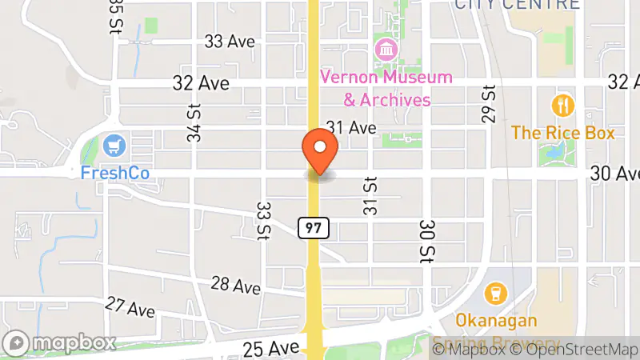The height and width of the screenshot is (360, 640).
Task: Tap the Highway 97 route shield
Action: coord(314,229)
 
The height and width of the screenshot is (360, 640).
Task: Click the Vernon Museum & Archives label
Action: coord(386,89)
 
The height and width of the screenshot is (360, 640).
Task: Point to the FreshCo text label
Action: coord(115,173)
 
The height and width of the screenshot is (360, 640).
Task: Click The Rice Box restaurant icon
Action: coord(563,105)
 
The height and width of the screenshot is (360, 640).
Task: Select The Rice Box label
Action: coord(563,133)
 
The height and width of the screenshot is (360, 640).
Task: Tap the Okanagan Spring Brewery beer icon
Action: coord(496,293)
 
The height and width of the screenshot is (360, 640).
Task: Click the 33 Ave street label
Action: coord(229,42)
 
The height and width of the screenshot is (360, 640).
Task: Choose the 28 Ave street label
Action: coord(236,285)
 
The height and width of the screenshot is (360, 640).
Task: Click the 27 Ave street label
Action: coord(130,307)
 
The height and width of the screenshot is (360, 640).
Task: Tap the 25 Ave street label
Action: coord(273,347)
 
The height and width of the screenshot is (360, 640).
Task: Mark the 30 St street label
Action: coord(426,242)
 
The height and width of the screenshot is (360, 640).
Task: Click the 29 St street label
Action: coord(489,104)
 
